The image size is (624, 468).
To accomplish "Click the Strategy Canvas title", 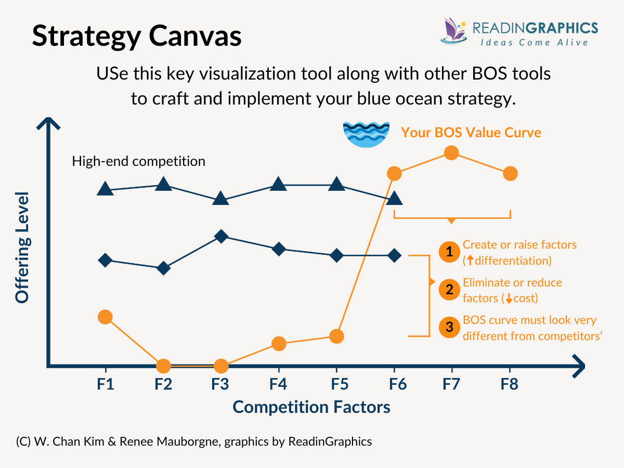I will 137,36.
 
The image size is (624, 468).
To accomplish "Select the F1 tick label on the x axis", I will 105,385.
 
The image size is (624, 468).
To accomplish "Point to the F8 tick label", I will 510,385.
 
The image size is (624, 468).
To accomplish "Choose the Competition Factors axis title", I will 311,407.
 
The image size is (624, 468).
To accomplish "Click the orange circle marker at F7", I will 451,153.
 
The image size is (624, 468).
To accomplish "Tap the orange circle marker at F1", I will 105,317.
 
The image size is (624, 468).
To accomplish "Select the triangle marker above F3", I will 220,199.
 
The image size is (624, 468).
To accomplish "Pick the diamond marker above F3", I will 220,237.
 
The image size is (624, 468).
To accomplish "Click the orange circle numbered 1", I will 448,252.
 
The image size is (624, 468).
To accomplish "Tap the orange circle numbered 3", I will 448,328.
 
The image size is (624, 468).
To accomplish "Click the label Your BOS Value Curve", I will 471,133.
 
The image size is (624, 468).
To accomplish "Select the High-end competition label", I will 138,161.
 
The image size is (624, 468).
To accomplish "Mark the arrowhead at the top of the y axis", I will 48,125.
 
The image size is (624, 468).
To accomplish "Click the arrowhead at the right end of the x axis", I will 577,366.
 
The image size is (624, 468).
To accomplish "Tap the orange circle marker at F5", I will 336,336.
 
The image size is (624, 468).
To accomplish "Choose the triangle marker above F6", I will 394,198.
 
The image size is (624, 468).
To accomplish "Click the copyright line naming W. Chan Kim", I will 194,441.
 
